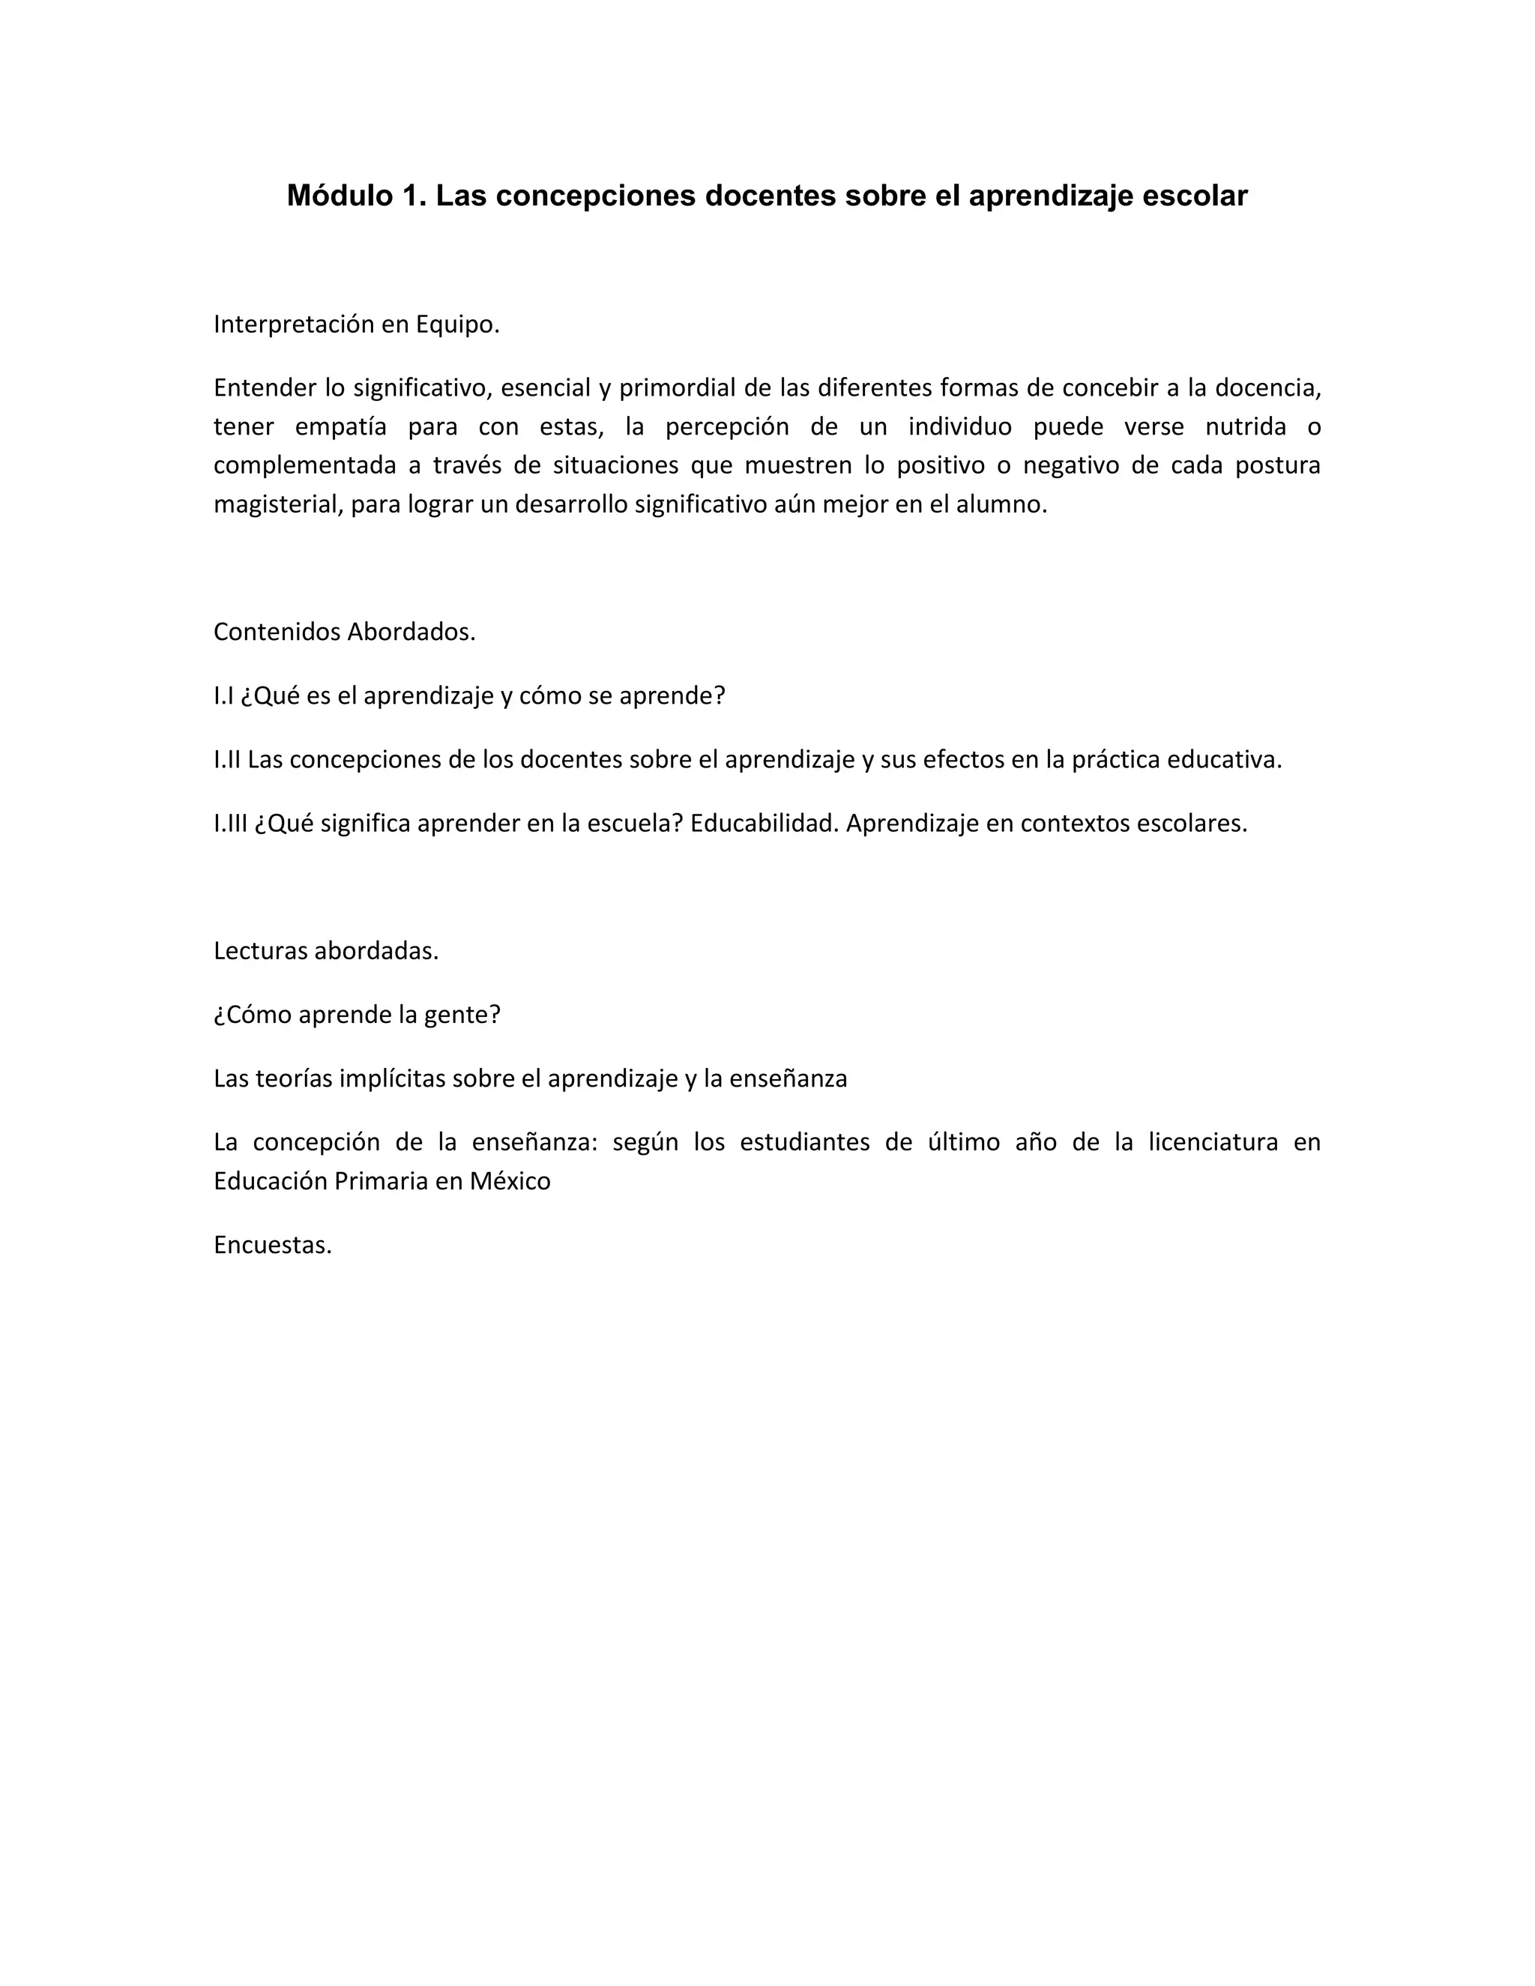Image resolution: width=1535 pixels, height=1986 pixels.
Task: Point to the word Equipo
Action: click(x=457, y=325)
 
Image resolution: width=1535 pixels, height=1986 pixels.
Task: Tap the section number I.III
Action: click(x=230, y=823)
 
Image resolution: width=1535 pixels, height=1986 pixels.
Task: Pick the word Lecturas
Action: click(x=260, y=951)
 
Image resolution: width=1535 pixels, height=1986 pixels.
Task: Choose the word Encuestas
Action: click(x=272, y=1245)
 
